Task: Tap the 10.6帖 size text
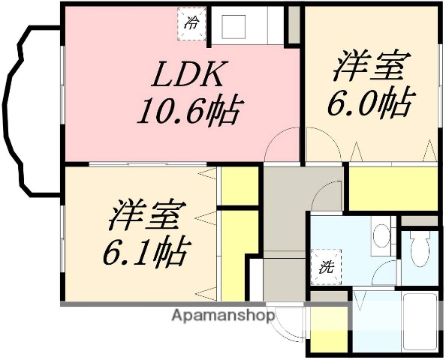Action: point(188,112)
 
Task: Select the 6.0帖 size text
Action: point(369,103)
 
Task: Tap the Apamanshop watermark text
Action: point(224,316)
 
